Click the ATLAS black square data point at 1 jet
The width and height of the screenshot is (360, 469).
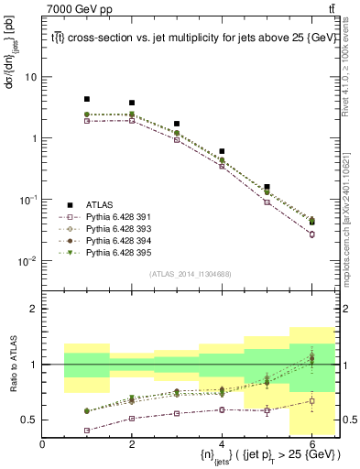point(87,99)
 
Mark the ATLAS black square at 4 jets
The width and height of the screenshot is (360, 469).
point(222,151)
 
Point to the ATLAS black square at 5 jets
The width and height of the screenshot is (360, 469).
point(267,187)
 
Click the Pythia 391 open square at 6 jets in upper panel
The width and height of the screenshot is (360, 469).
point(311,234)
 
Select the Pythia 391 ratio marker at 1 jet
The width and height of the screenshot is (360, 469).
point(87,430)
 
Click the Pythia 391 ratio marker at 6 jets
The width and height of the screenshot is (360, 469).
point(311,400)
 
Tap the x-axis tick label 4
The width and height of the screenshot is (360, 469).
point(222,444)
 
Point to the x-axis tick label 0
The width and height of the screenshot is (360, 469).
point(42,444)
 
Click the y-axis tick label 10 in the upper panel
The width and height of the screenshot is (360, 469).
point(30,77)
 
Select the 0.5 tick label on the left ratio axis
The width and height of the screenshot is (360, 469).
point(28,420)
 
